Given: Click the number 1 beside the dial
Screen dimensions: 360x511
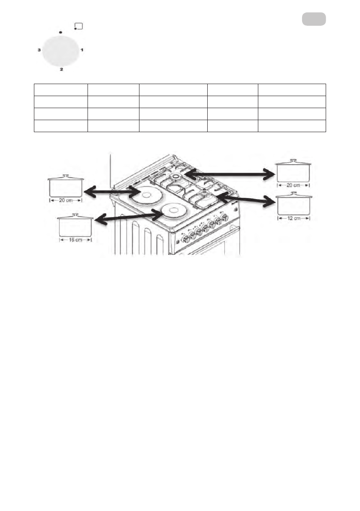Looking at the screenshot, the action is click(82, 50).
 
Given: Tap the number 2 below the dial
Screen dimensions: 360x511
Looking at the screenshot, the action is click(61, 69).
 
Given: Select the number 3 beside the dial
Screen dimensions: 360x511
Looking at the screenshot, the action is click(39, 50).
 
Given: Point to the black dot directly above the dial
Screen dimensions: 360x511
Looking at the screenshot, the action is click(61, 32).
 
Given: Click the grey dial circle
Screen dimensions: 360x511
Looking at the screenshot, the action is click(61, 50).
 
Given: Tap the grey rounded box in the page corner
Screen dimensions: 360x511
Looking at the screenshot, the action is click(314, 19).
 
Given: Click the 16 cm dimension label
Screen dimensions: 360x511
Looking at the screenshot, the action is click(75, 240).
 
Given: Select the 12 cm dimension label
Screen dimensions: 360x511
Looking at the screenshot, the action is click(294, 218).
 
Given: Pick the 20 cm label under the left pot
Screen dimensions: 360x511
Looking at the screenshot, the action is click(66, 200).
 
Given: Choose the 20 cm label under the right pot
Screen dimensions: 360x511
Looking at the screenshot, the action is click(294, 185).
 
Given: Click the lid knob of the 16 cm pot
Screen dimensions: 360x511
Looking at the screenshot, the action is click(75, 214).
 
